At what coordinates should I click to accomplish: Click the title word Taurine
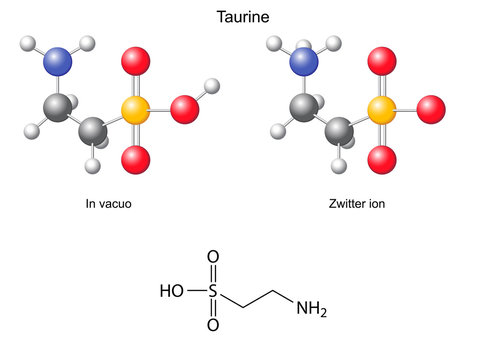click(241, 17)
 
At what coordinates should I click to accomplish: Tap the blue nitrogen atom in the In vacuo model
click(59, 60)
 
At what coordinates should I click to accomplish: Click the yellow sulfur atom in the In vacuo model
click(136, 111)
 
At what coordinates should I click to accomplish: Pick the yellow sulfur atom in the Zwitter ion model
click(381, 110)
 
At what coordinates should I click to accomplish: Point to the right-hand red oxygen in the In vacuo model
click(185, 110)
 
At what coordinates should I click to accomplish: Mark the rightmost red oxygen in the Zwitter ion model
click(430, 107)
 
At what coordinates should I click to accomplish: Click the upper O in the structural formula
click(212, 259)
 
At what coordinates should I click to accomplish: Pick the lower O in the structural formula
click(212, 325)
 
